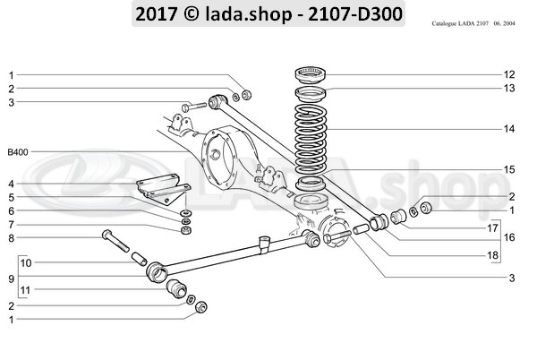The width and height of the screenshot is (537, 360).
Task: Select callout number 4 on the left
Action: coord(12,184)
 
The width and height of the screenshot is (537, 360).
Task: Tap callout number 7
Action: coord(12,224)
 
